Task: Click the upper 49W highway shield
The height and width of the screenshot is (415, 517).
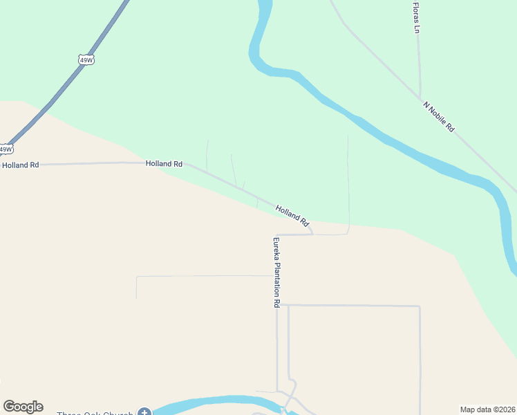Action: click(x=86, y=60)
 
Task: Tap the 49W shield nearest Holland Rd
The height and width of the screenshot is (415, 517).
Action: click(x=5, y=149)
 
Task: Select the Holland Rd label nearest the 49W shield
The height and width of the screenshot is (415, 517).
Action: click(x=20, y=165)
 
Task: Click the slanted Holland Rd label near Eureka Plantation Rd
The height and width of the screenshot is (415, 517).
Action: click(x=292, y=215)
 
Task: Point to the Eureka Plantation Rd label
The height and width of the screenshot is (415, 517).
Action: click(x=276, y=272)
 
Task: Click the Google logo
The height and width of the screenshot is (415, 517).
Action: click(x=23, y=407)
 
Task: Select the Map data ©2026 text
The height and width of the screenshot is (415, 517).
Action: click(x=488, y=409)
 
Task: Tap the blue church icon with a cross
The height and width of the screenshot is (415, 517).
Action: click(x=144, y=412)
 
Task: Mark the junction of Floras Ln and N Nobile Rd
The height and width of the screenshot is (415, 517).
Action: click(x=420, y=98)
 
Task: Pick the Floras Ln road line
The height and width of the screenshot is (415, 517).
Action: click(x=419, y=62)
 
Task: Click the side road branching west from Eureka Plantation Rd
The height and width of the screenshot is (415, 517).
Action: click(x=207, y=276)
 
